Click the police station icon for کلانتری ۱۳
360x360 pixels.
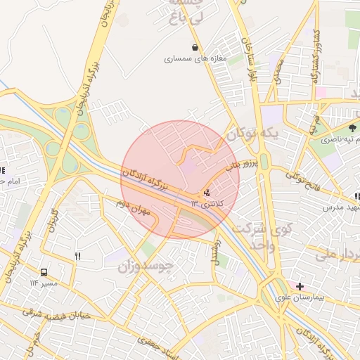click(x=206, y=193)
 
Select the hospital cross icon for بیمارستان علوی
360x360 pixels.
click(x=300, y=286)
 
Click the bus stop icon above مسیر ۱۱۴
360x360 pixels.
click(x=44, y=272)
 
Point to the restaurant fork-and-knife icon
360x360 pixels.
click(x=77, y=257)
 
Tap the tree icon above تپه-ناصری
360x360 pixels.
click(x=352, y=128)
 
